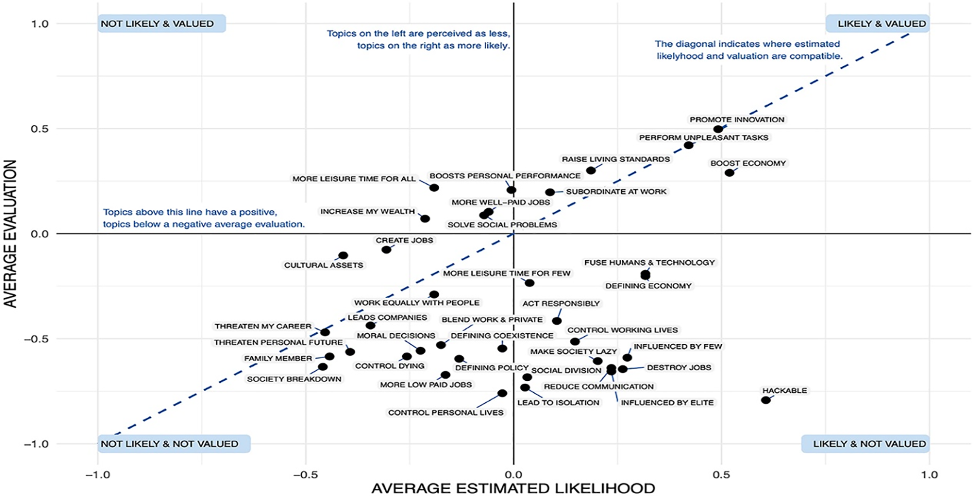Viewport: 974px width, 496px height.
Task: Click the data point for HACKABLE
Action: (x=765, y=400)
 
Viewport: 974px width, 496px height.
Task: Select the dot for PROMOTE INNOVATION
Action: (x=718, y=129)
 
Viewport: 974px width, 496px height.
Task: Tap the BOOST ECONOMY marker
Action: (x=729, y=173)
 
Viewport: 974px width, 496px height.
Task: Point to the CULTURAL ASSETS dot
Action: (x=343, y=255)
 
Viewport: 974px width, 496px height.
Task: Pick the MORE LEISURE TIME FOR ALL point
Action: (x=434, y=188)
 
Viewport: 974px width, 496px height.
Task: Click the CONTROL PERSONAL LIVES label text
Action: (x=445, y=412)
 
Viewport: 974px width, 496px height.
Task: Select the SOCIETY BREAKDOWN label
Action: (x=294, y=379)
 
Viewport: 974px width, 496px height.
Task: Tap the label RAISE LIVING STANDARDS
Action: (x=616, y=159)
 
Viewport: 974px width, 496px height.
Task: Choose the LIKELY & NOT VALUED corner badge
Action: (x=865, y=444)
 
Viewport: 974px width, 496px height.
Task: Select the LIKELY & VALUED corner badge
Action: (x=877, y=24)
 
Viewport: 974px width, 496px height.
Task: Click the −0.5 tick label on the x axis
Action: (x=305, y=475)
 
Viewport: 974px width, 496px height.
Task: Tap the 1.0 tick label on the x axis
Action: (x=929, y=475)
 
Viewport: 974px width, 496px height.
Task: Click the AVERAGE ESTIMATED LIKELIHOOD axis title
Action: (x=513, y=488)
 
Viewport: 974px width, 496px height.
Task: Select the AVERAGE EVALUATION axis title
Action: (x=11, y=233)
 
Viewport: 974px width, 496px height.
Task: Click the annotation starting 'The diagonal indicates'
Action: (x=748, y=50)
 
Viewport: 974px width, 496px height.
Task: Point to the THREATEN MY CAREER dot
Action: (x=325, y=332)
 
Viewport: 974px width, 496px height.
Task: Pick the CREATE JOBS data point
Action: (x=386, y=250)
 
